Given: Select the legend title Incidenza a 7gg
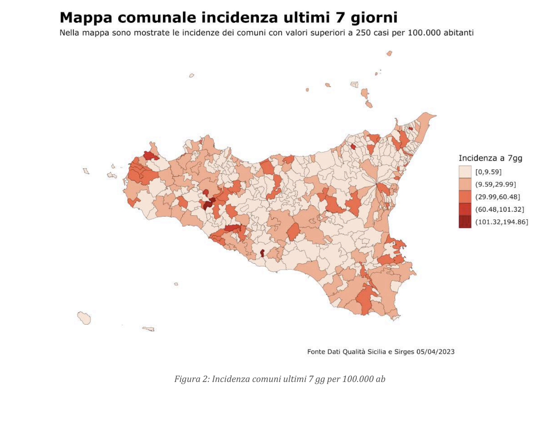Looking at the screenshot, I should [490, 158].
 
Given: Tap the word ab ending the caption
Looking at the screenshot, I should [381, 379].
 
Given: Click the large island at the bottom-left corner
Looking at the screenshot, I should [84, 318].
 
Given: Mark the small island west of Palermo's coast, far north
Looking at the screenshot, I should [192, 76].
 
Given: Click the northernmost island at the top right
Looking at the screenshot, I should [389, 54].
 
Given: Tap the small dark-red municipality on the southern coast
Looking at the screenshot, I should [262, 253].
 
